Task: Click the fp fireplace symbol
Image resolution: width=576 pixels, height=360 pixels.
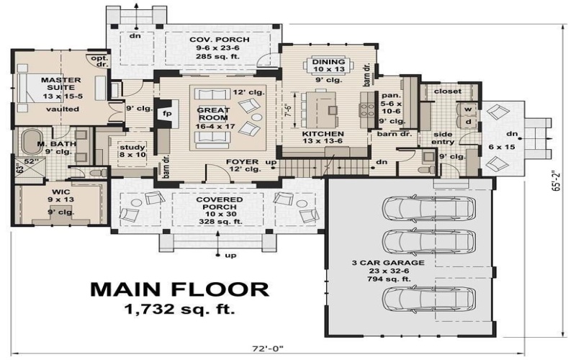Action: tap(166, 113)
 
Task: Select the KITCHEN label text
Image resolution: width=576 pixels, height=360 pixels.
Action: tap(323, 134)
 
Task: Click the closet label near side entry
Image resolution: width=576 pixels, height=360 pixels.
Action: tap(446, 91)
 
